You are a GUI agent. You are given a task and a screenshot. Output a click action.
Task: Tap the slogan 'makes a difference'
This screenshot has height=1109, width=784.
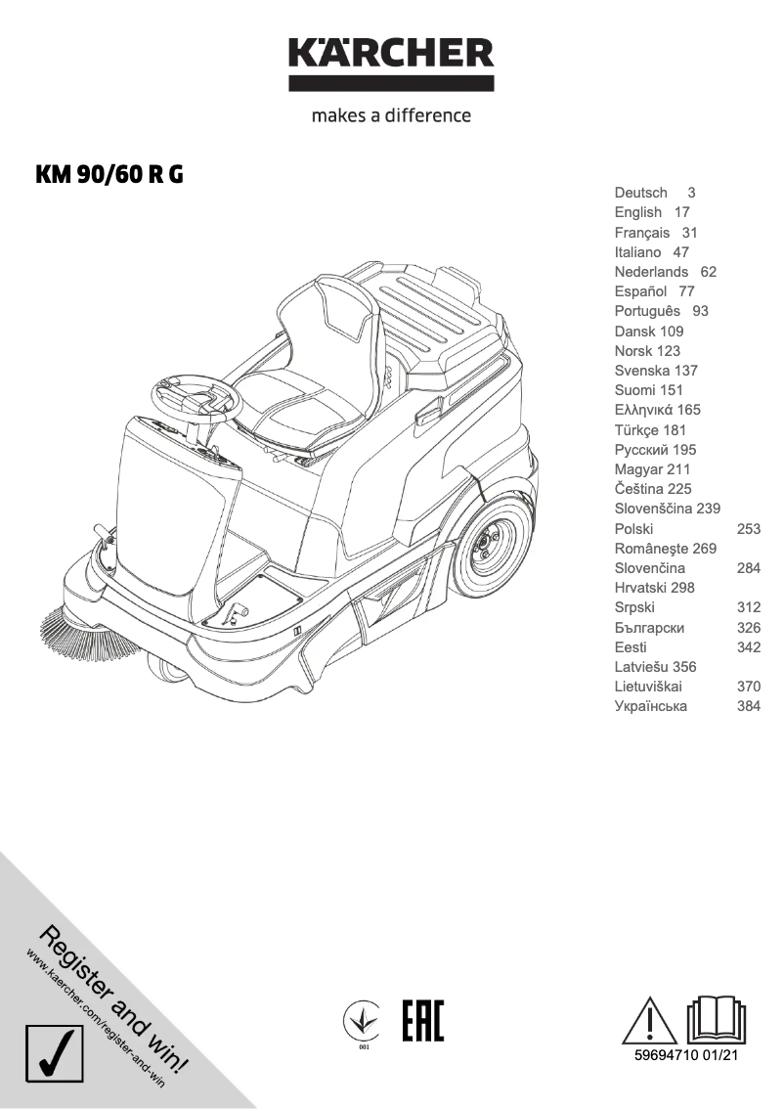[391, 115]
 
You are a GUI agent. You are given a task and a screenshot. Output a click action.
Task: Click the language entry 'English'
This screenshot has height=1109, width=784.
[638, 212]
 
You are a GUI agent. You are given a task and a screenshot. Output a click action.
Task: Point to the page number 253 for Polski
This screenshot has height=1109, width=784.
[748, 528]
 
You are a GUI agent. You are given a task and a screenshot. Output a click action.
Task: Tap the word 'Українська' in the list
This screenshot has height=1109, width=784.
[651, 706]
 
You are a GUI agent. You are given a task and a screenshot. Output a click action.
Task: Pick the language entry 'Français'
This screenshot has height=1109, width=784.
[642, 233]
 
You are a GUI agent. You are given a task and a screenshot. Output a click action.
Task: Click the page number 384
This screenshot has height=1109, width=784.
[748, 706]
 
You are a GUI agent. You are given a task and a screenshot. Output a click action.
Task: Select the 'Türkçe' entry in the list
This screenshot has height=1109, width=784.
[637, 429]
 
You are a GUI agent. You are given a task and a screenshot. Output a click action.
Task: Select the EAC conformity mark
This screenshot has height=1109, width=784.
[422, 1020]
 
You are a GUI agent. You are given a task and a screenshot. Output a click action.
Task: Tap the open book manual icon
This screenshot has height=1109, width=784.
[718, 1020]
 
